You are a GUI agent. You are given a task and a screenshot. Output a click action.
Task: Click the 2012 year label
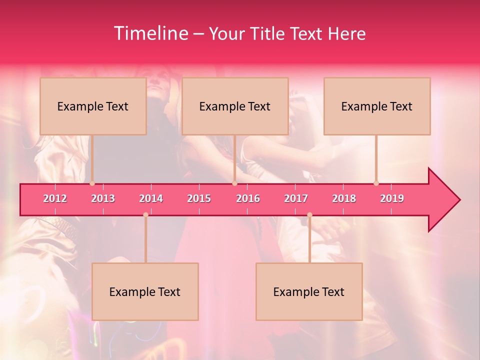tap(55, 198)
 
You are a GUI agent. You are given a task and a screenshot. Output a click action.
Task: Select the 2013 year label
tap(103, 198)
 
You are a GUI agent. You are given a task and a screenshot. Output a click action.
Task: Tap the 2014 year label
tap(151, 198)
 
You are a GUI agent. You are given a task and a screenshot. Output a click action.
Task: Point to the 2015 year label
tap(199, 198)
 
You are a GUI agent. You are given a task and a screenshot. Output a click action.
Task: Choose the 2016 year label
tap(248, 198)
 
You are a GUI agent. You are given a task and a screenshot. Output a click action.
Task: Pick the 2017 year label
tap(296, 198)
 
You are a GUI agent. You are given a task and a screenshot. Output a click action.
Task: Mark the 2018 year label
tap(344, 198)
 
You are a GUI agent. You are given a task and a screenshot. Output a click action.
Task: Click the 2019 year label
tap(392, 198)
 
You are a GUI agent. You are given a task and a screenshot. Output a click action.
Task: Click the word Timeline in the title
tap(150, 33)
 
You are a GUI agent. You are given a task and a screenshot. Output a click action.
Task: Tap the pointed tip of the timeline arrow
tap(459, 200)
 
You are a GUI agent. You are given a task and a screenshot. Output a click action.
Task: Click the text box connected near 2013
tap(93, 106)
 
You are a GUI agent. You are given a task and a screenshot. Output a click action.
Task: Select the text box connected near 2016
tap(235, 106)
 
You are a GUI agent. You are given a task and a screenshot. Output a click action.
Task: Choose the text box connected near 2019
tap(377, 106)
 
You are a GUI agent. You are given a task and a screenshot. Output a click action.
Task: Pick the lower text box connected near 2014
tap(145, 291)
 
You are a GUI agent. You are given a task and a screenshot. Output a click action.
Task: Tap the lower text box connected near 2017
tap(309, 291)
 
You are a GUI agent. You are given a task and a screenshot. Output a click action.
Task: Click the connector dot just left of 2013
tap(92, 183)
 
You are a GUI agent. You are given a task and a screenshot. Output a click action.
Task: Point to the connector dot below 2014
tap(145, 215)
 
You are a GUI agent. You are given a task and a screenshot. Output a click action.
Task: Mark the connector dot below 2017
tap(309, 215)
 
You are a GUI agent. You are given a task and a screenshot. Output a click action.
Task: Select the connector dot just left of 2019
tap(376, 183)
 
